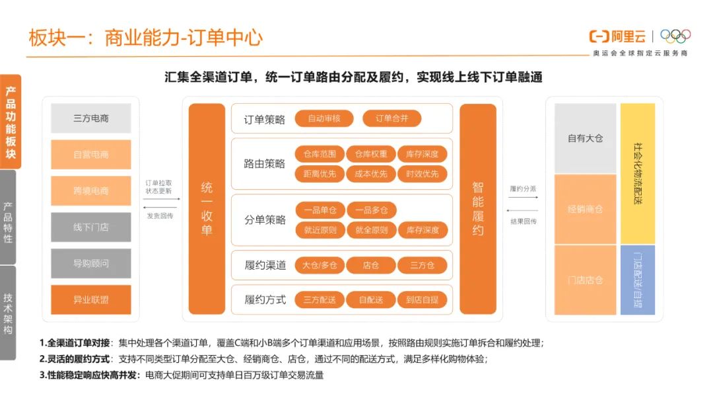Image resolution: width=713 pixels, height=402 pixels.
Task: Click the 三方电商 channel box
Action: pos(91,118)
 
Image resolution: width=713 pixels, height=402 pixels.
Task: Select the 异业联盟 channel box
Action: pos(91,300)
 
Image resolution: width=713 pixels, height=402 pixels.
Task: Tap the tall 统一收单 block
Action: pos(207,209)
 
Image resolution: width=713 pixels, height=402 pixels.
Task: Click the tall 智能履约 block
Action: pos(478,209)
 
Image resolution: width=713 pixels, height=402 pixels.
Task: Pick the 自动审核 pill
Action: pos(324,119)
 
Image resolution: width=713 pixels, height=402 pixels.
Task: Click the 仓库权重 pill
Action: pos(371,154)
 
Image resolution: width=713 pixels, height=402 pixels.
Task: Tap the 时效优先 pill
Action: pos(423,174)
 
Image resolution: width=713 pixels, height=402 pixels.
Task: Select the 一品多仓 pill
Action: pos(371,210)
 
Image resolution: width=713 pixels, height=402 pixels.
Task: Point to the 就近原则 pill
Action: pos(320,230)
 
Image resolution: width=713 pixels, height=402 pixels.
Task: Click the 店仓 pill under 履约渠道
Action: pos(371,265)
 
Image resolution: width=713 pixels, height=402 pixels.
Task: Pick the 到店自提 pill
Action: pos(423,300)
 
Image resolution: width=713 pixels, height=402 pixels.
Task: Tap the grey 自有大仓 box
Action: pos(585,138)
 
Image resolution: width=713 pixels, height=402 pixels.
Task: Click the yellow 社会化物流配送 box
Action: pos(638,173)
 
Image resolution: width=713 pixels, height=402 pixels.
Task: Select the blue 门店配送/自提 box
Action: pos(638,280)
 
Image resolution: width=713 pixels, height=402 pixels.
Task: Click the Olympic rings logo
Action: pos(675,36)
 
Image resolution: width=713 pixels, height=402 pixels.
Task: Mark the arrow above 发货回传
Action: pos(158,207)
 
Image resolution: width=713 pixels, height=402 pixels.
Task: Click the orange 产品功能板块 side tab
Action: pos(10,122)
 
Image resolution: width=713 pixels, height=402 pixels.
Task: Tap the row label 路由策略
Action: pos(264,164)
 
